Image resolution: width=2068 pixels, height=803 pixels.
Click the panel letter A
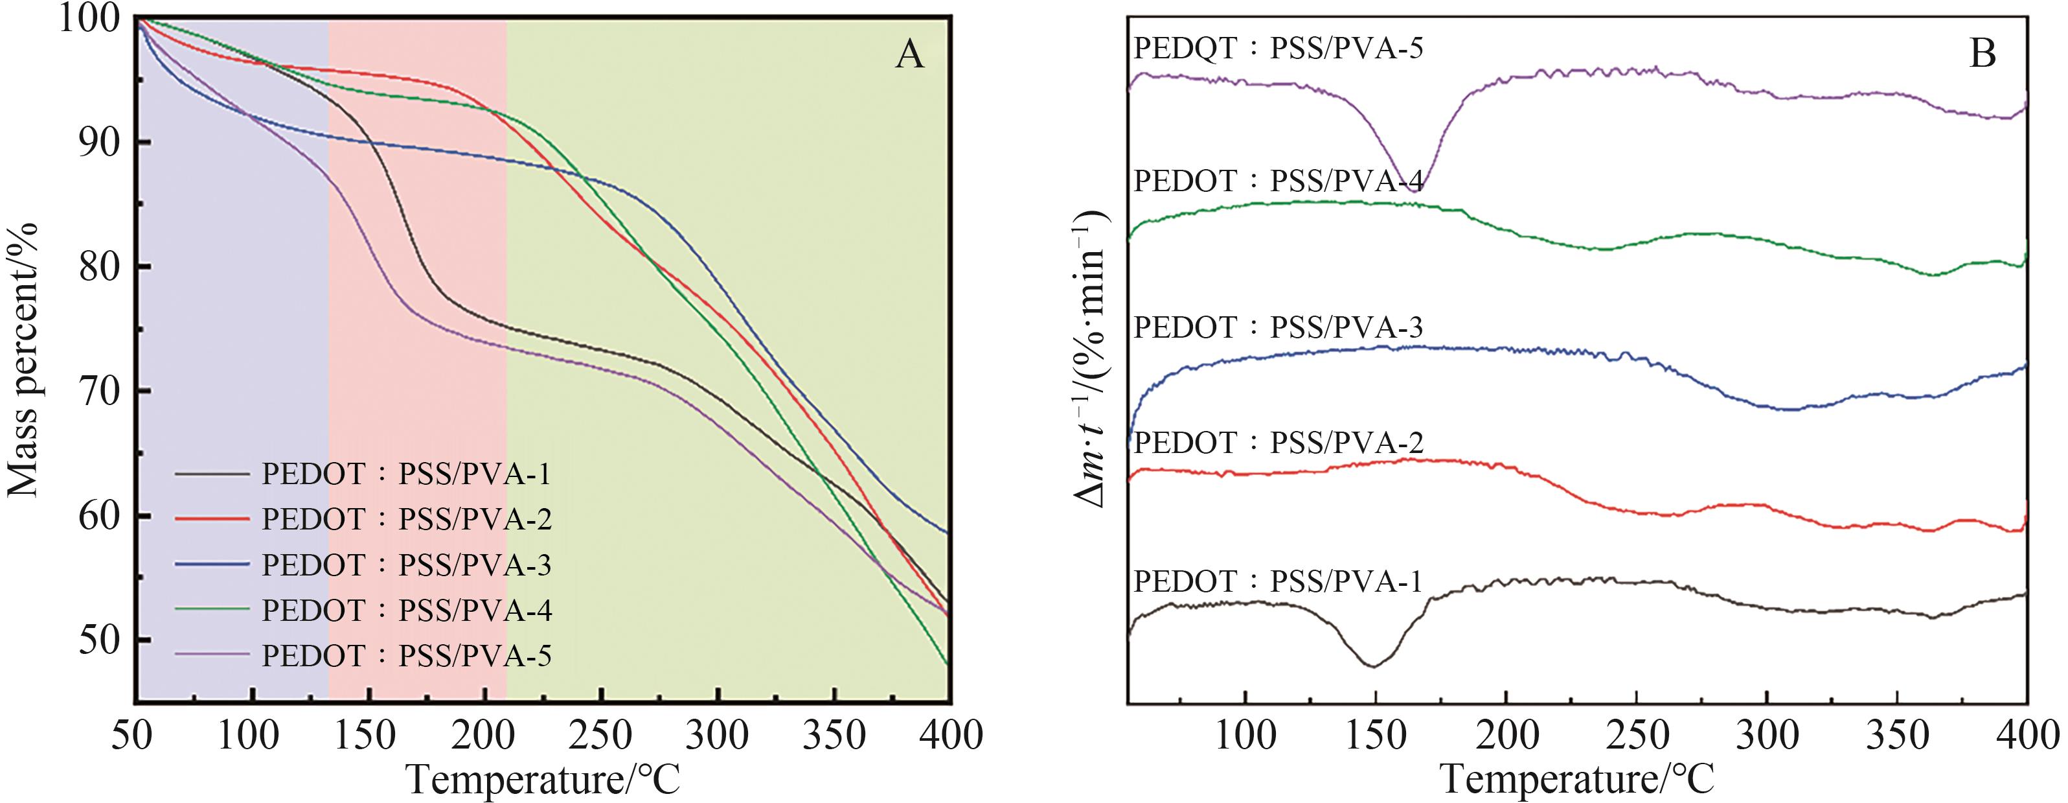click(909, 54)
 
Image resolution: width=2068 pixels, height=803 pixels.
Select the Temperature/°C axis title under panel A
click(543, 779)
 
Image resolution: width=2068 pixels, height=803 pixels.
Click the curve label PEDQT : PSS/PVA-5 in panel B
click(1278, 49)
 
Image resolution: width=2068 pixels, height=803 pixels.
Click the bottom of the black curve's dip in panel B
click(1374, 666)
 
